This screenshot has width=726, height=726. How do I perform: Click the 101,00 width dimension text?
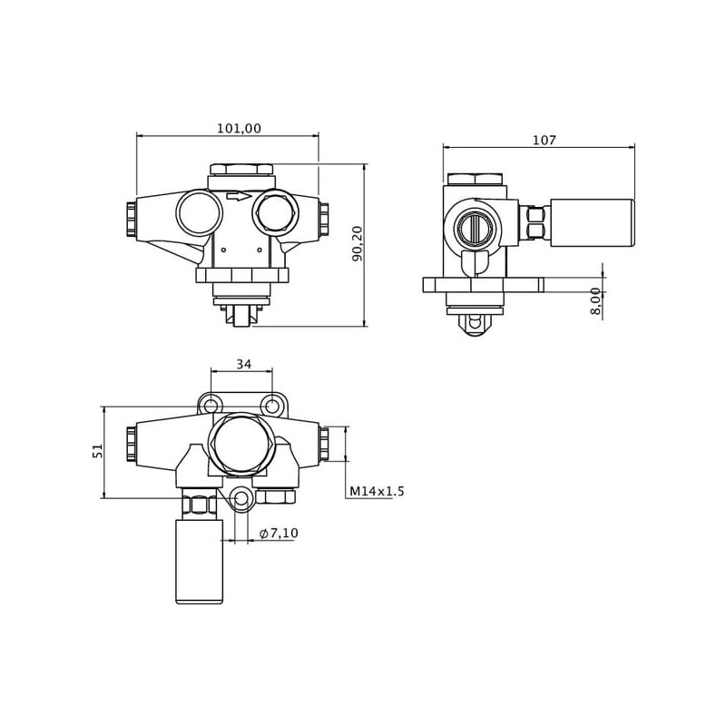pos(239,129)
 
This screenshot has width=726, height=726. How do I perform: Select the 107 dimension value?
pos(544,140)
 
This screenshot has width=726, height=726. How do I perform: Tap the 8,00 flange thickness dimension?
pos(595,300)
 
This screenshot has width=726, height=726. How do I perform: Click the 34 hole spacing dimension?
pos(243,364)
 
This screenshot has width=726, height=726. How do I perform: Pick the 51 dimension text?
pos(98,451)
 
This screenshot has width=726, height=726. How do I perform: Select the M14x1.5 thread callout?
pos(377,492)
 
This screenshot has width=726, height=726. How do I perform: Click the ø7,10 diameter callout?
pos(279,533)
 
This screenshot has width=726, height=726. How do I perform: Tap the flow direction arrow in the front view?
pos(238,195)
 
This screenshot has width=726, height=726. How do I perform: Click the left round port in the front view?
pos(199,212)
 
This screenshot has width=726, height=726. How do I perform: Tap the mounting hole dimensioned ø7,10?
pos(240,498)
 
